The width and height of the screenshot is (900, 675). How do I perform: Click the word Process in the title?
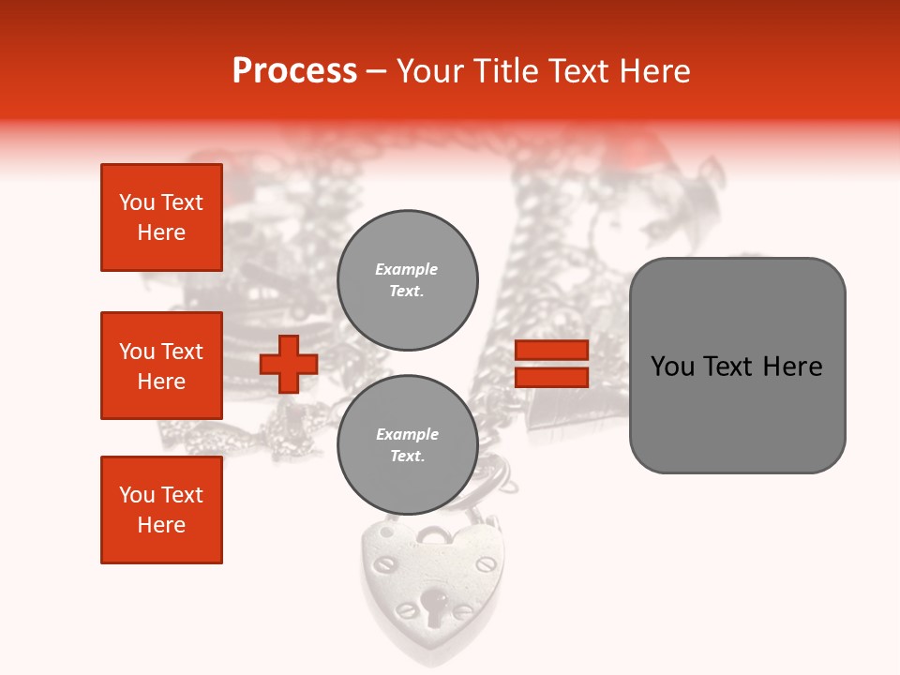point(294,71)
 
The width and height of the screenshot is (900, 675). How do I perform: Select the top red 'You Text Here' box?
point(161,217)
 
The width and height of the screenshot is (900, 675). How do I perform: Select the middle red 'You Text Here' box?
point(161,366)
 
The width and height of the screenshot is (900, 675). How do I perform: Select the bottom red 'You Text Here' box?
point(161,510)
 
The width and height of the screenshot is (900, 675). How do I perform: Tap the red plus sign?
point(289,364)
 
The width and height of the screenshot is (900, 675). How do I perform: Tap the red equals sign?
point(551,364)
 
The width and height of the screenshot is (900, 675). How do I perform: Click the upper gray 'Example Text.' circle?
point(407,279)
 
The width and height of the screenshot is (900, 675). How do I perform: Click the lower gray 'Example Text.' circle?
point(407,444)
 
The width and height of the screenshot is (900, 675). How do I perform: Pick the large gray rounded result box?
point(737,366)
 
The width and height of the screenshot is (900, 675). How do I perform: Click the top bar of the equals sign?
point(551,351)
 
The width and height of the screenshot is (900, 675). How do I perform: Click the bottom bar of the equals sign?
point(551,377)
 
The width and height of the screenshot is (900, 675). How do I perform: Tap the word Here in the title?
point(651,71)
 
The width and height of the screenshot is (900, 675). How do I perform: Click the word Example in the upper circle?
point(407,269)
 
